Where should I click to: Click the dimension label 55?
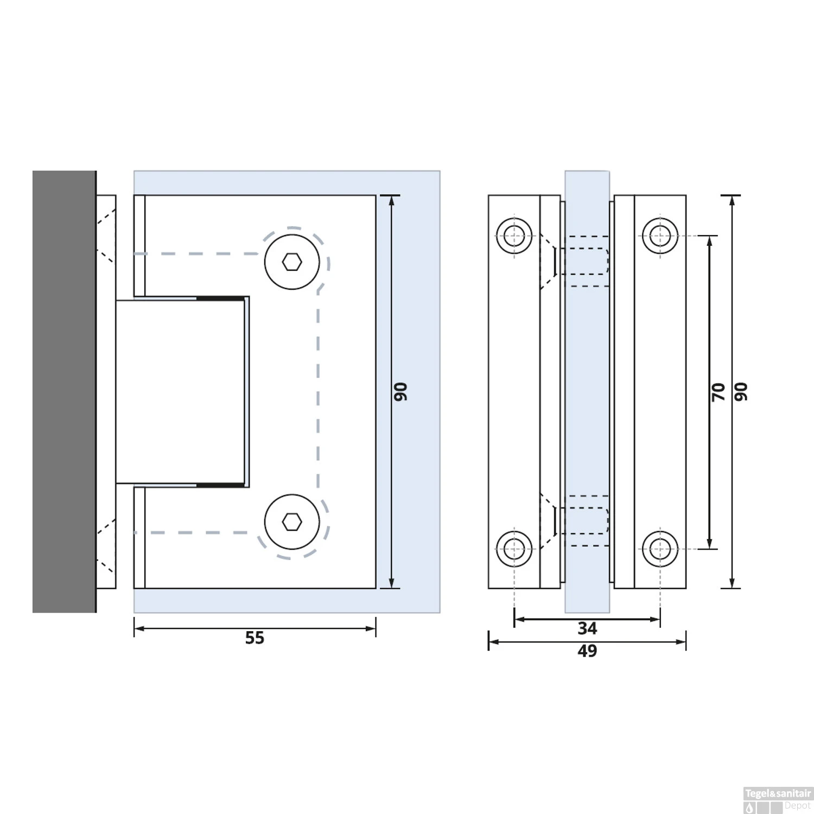click(255, 638)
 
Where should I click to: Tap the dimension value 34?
click(587, 628)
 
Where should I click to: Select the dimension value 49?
click(587, 651)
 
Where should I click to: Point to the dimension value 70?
click(718, 392)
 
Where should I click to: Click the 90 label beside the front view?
click(400, 392)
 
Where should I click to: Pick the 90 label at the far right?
click(741, 392)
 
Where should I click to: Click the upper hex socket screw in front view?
click(292, 262)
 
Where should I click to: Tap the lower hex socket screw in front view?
click(292, 522)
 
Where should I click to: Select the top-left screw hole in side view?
click(514, 236)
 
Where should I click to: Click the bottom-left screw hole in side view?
click(514, 549)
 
